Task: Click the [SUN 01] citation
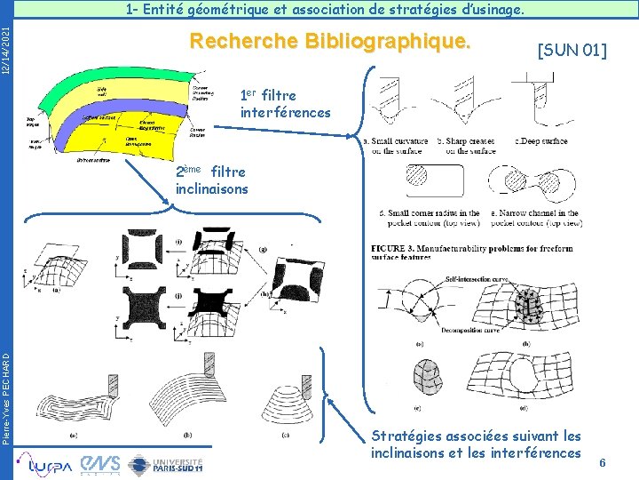pos(572,51)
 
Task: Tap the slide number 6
pos(603,463)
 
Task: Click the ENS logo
pos(99,462)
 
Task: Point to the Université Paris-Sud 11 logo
pos(166,463)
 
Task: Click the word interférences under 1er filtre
pos(285,113)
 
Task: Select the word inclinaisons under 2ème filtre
pos(212,188)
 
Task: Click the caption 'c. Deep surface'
pos(541,140)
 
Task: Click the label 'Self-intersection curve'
pos(476,279)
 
